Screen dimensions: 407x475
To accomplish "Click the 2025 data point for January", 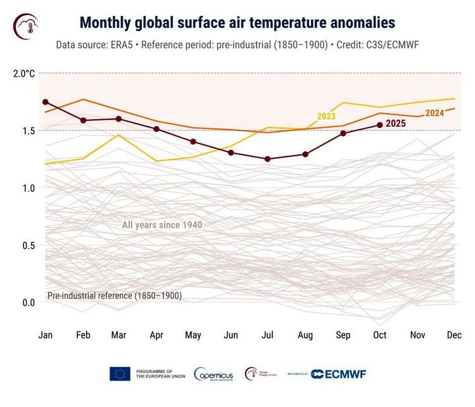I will pyautogui.click(x=46, y=102).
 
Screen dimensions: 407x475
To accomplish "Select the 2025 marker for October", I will pyautogui.click(x=380, y=125).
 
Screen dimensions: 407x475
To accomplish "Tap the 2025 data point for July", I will pyautogui.click(x=268, y=159).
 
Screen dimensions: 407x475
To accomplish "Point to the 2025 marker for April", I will pyautogui.click(x=156, y=129).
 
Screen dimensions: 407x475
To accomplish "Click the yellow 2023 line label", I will pyautogui.click(x=326, y=116).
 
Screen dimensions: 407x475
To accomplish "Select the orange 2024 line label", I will pyautogui.click(x=434, y=113).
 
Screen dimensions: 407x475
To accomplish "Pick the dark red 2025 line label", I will pyautogui.click(x=395, y=123).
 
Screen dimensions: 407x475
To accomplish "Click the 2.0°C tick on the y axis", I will pyautogui.click(x=24, y=73).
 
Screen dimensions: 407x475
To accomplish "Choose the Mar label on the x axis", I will pyautogui.click(x=120, y=334).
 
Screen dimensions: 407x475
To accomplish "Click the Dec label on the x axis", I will pyautogui.click(x=454, y=334).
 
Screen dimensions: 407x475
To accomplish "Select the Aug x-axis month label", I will pyautogui.click(x=305, y=334).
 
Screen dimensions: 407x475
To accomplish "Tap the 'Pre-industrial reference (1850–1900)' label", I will pyautogui.click(x=115, y=296).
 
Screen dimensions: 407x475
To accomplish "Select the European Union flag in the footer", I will pyautogui.click(x=120, y=373).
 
